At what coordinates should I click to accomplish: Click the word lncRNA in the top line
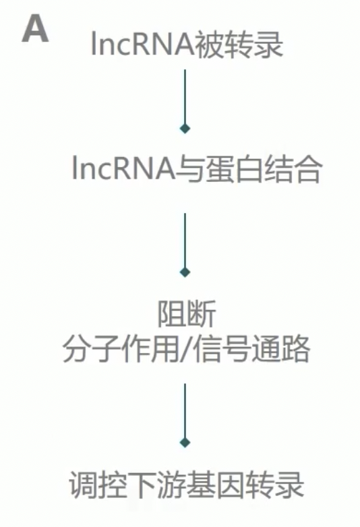143,44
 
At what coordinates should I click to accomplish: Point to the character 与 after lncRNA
189,168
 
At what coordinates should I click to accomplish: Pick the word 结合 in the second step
291,168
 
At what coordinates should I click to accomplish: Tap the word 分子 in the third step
92,349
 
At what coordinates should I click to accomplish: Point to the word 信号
222,349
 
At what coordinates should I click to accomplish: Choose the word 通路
280,349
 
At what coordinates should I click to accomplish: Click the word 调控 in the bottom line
98,485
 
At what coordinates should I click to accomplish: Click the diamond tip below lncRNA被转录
185,128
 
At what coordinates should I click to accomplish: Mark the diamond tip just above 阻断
185,272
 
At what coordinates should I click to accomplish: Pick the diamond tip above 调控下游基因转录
185,442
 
